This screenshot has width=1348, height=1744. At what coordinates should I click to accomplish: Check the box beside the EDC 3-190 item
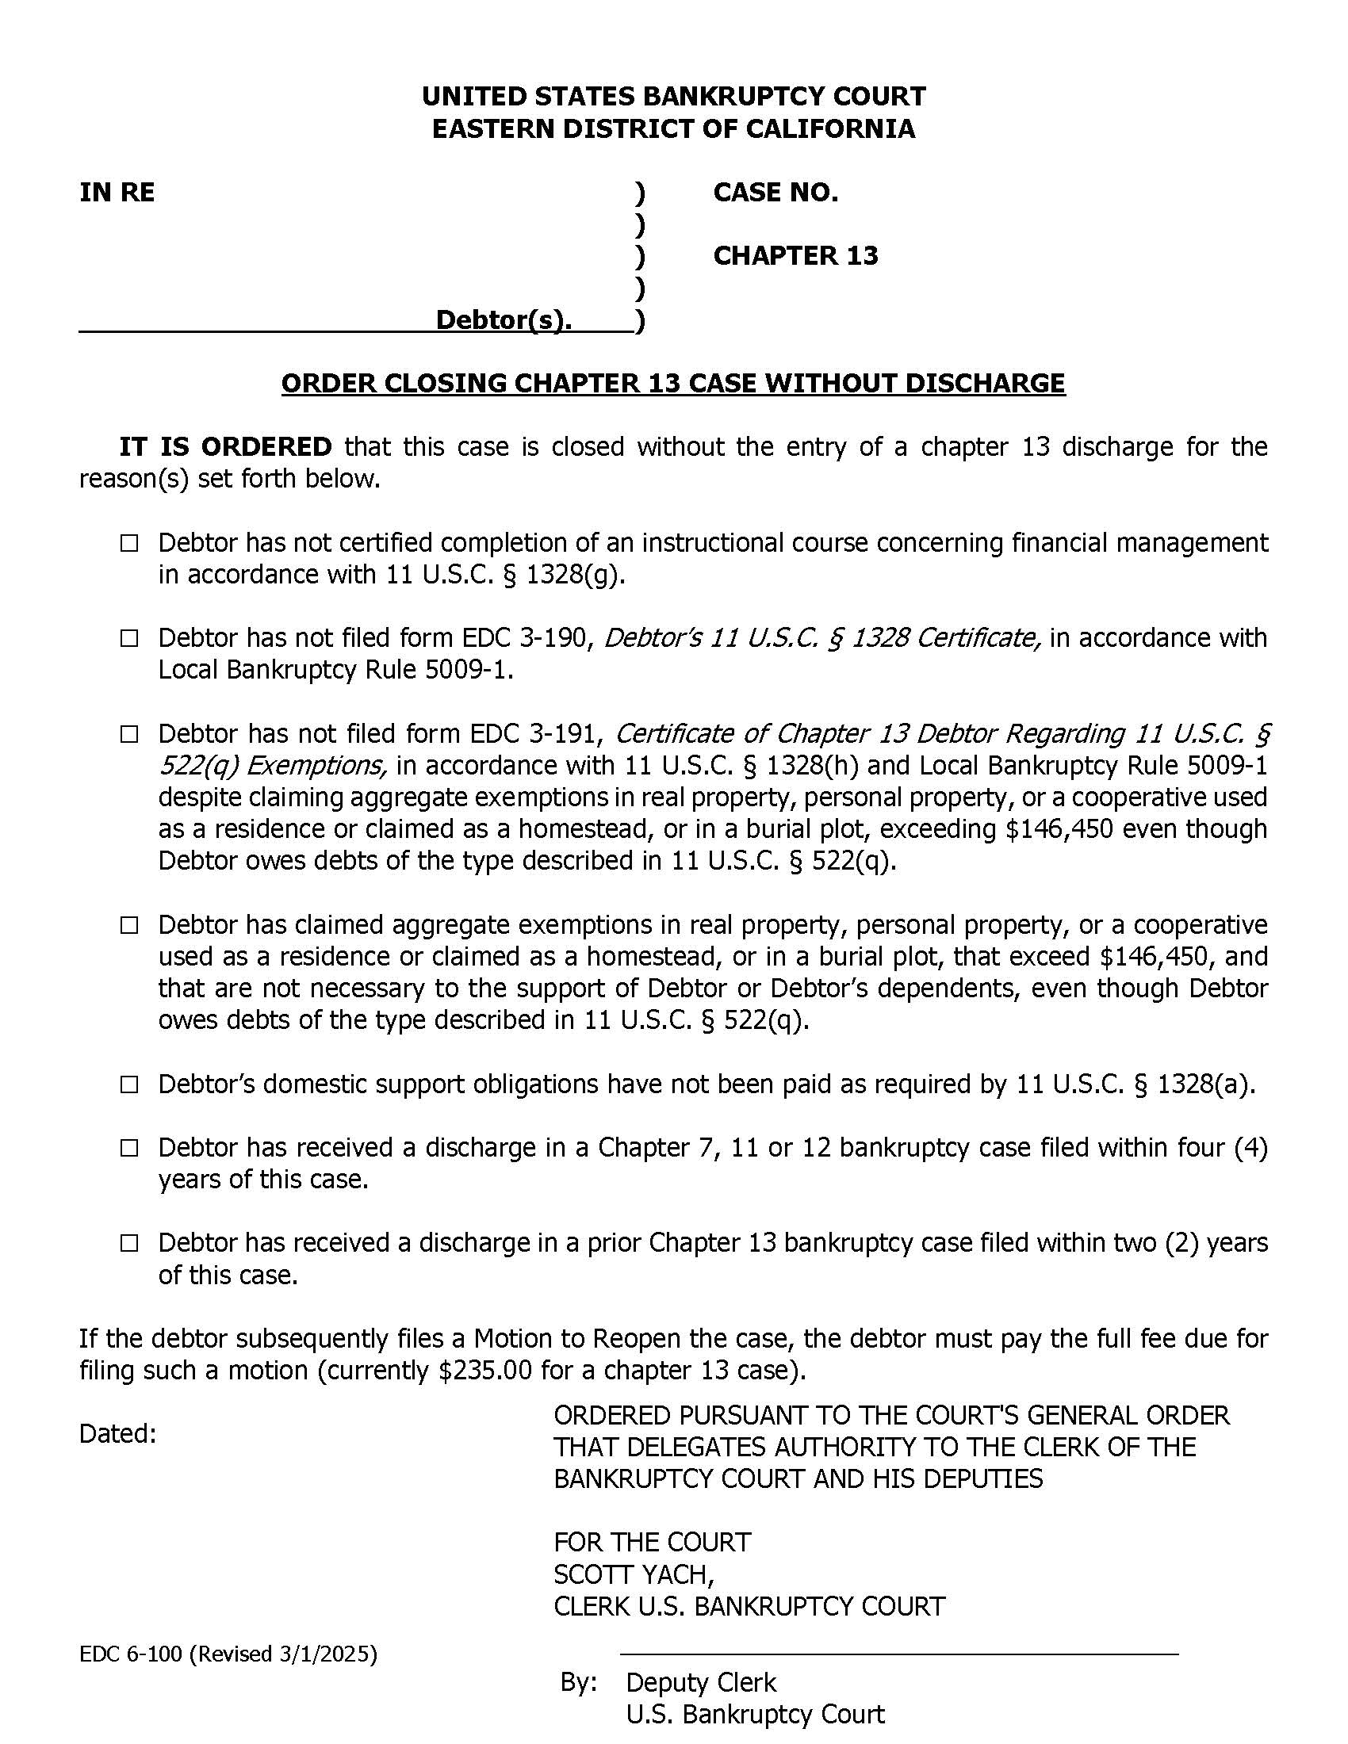(129, 640)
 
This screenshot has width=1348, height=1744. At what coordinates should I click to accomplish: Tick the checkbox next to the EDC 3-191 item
(129, 735)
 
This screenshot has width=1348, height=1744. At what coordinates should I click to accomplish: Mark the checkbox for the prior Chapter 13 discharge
(129, 1244)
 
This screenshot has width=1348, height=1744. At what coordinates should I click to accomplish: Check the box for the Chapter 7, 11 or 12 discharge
(129, 1149)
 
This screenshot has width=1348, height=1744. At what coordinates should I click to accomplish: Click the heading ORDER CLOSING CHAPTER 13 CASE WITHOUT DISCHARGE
(672, 384)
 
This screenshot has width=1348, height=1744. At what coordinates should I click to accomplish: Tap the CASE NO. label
(775, 193)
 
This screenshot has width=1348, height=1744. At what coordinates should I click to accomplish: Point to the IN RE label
(117, 193)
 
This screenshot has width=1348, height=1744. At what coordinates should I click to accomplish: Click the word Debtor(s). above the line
(503, 320)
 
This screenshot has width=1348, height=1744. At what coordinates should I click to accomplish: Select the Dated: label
(117, 1434)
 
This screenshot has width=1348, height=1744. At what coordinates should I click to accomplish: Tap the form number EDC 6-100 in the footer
(131, 1654)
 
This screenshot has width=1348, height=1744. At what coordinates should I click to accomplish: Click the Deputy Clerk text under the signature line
(700, 1682)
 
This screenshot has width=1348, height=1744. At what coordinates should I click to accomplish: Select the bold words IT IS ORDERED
(225, 446)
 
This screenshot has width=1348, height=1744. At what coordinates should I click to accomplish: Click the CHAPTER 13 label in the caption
(795, 255)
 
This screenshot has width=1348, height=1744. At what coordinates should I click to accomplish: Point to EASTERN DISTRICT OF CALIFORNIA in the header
(673, 129)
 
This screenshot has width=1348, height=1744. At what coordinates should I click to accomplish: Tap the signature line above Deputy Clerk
(898, 1654)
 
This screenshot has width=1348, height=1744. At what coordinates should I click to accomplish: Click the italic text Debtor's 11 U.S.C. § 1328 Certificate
(822, 638)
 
